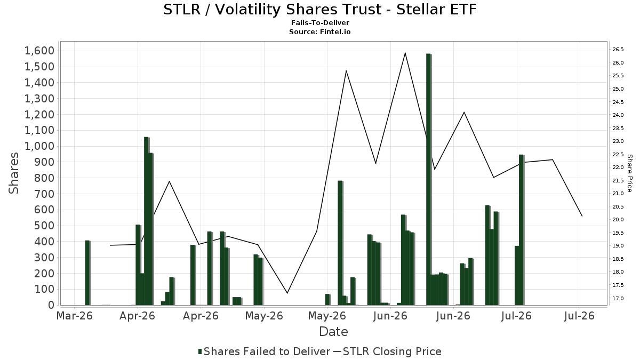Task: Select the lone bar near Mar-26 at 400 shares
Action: [x=87, y=273]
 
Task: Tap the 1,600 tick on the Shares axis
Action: [x=39, y=51]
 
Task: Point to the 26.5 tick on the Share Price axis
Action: [x=618, y=50]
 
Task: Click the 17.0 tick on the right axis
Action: [x=618, y=298]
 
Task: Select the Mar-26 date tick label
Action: [x=75, y=316]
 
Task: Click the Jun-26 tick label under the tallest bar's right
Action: [x=454, y=316]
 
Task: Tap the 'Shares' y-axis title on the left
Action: [x=13, y=173]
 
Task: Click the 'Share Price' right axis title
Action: [x=629, y=173]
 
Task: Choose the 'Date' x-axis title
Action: [x=333, y=332]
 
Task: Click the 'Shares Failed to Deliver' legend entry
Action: [x=265, y=351]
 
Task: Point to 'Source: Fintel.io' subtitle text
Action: [x=319, y=31]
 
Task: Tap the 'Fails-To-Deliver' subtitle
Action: [x=320, y=22]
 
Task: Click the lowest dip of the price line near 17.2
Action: [x=287, y=293]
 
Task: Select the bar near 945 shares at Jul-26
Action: [x=522, y=230]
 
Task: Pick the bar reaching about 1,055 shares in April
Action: [x=147, y=221]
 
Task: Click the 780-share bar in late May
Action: [x=340, y=243]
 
